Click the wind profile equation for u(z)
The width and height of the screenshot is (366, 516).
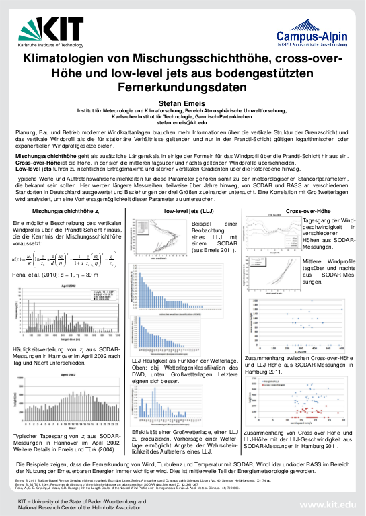coord(60,241)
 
